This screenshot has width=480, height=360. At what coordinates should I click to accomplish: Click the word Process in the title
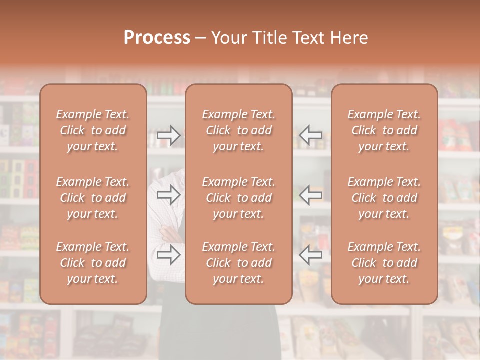tap(157, 38)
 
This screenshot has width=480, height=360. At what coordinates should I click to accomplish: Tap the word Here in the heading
tap(349, 38)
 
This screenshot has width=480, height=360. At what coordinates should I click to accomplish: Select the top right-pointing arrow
tap(168, 135)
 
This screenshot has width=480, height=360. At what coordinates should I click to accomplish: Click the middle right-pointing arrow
tap(168, 195)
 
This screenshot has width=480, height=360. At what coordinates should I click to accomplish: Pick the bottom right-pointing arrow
tap(168, 255)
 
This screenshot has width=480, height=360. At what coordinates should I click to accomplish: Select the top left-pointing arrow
tap(311, 135)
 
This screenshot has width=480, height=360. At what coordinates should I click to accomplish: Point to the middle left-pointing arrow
tap(311, 195)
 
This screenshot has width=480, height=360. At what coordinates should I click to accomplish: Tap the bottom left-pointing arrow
tap(311, 255)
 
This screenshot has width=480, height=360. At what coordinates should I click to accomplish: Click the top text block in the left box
tap(93, 130)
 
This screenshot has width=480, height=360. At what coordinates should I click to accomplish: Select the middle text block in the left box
tap(93, 198)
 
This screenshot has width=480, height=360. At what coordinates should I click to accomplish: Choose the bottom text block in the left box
tap(93, 263)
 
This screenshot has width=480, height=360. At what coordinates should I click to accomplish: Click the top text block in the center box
tap(239, 130)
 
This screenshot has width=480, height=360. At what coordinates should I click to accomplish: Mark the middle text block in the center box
tap(239, 198)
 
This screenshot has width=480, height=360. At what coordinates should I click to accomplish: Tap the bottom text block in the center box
tap(239, 263)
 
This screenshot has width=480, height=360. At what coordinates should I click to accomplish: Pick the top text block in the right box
tap(384, 130)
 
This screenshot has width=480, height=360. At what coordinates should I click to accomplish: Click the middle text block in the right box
tap(384, 198)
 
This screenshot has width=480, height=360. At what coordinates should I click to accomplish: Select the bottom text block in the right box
tap(384, 263)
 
